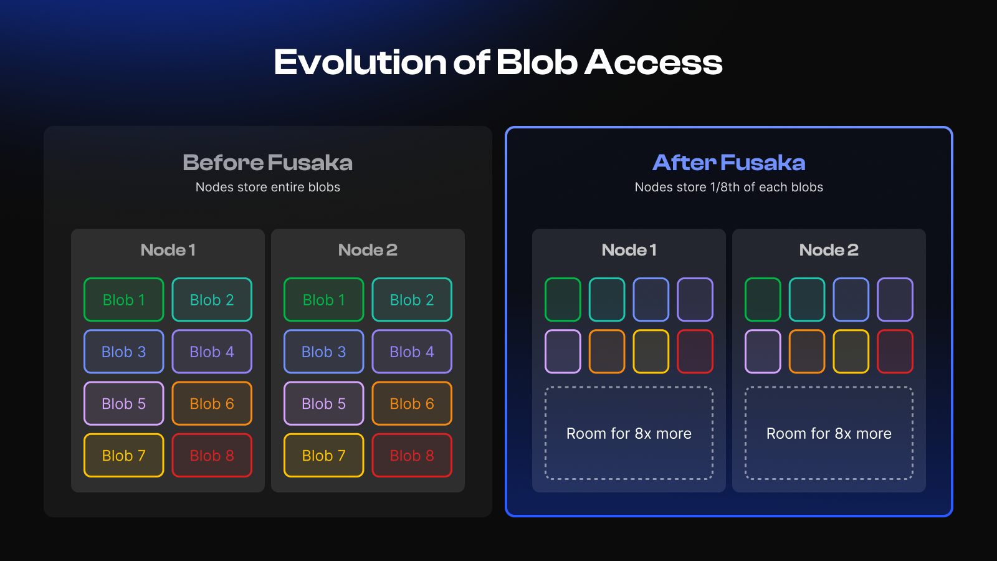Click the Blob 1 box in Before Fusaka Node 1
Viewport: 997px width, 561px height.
[x=124, y=300]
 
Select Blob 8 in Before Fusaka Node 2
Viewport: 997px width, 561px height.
[x=412, y=456]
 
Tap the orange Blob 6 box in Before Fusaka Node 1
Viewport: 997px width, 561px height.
[x=212, y=403]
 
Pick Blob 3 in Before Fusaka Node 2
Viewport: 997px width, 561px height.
[x=323, y=352]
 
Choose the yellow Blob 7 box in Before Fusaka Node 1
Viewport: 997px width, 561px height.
[x=124, y=456]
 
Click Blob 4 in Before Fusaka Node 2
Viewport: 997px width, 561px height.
[x=412, y=352]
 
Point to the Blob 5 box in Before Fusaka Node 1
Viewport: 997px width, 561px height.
[x=124, y=403]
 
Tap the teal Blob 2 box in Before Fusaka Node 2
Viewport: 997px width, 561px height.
[x=412, y=300]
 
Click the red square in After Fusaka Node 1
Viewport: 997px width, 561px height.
[x=695, y=352]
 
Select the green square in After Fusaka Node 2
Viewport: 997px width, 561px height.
[x=763, y=300]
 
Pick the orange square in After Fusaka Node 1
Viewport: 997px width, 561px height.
[x=607, y=352]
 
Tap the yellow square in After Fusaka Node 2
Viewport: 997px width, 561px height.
[x=851, y=352]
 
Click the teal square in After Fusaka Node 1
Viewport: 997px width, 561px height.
[x=607, y=300]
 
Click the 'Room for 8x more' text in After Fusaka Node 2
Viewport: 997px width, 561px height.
[x=829, y=433]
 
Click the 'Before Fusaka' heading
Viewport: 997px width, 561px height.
[x=267, y=163]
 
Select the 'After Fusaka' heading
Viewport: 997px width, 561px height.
[x=728, y=163]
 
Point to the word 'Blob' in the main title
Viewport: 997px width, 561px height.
[x=537, y=62]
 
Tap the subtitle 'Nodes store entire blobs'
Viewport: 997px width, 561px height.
[x=267, y=187]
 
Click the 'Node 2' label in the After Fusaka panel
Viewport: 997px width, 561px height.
[x=829, y=250]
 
